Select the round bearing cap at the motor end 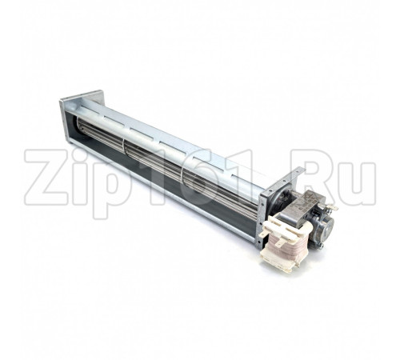pyautogui.click(x=327, y=223)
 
